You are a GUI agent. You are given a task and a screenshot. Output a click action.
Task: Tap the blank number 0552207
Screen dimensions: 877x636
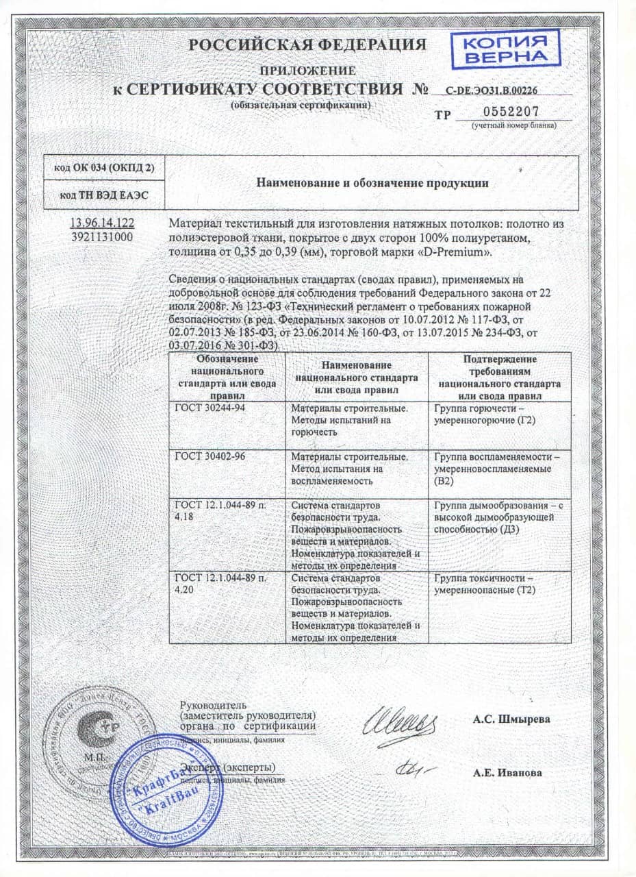(x=511, y=112)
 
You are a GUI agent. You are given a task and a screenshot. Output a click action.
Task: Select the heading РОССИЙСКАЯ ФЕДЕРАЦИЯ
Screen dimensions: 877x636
(x=307, y=45)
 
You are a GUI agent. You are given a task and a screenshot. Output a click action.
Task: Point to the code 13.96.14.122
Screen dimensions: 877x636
(x=103, y=223)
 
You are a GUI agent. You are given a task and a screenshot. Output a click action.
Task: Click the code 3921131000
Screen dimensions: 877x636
(x=103, y=237)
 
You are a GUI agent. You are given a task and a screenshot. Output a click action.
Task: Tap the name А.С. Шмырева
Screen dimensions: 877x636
(x=511, y=719)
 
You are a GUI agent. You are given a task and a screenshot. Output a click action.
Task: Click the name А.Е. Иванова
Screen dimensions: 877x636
(x=507, y=772)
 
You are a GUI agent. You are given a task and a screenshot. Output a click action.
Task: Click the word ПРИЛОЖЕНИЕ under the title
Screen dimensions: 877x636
(x=307, y=70)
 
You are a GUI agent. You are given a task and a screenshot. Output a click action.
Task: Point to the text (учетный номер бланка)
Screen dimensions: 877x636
(x=513, y=125)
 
